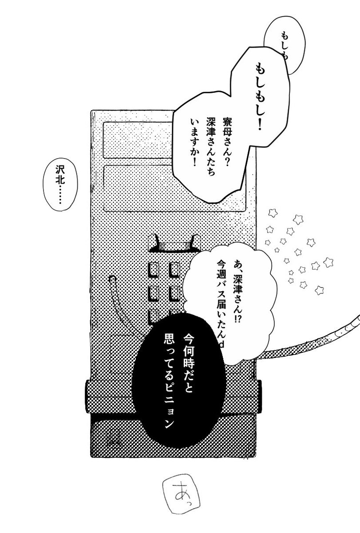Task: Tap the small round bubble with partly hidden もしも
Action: pos(277,42)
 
